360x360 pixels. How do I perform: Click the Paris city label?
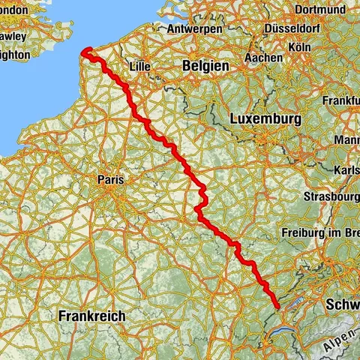pyautogui.click(x=111, y=180)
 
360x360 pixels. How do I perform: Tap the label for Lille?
pyautogui.click(x=140, y=67)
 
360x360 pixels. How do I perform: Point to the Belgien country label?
pyautogui.click(x=205, y=67)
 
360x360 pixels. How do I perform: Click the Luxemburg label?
pyautogui.click(x=265, y=119)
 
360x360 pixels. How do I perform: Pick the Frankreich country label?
pyautogui.click(x=91, y=316)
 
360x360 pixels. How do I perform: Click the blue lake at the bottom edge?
pyautogui.click(x=283, y=330)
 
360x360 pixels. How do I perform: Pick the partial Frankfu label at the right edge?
pyautogui.click(x=343, y=100)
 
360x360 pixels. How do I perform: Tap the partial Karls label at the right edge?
pyautogui.click(x=347, y=168)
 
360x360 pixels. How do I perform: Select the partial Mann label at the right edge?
pyautogui.click(x=346, y=139)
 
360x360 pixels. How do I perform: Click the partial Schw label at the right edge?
pyautogui.click(x=343, y=304)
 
